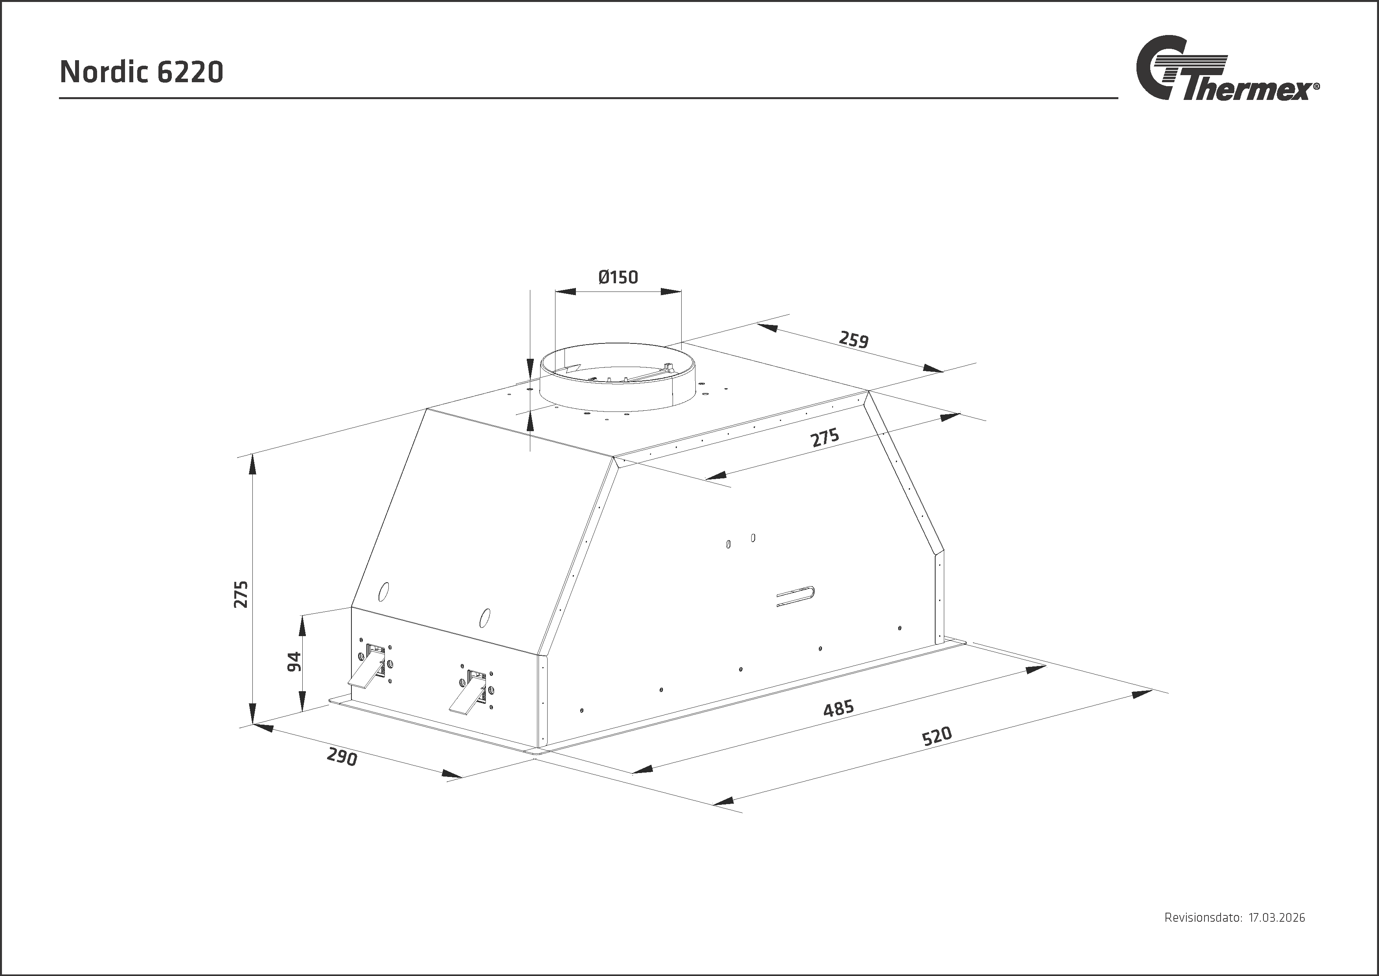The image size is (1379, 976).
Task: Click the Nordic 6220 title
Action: coord(142,72)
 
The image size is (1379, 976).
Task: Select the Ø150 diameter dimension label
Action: coord(618,277)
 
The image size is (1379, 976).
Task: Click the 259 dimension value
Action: coord(853,339)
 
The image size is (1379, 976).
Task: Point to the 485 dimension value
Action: coord(838,708)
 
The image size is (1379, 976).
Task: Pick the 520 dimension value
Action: coord(937,736)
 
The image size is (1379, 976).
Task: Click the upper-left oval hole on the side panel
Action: coord(383,591)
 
